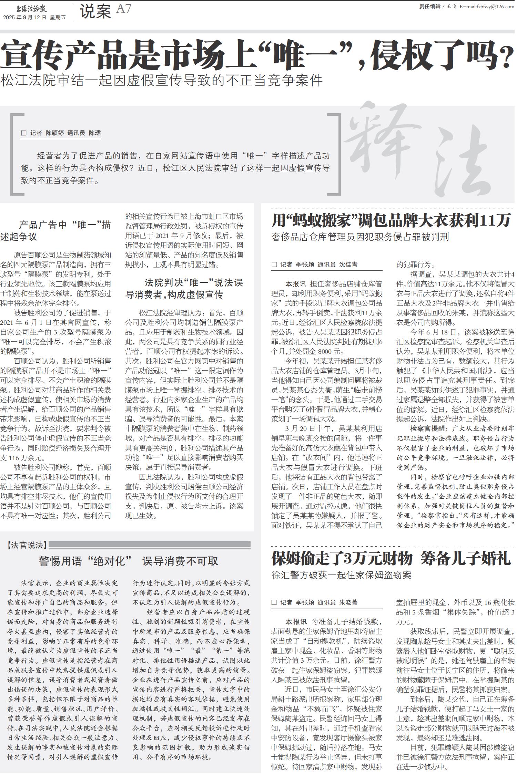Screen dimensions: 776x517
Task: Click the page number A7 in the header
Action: (x=123, y=9)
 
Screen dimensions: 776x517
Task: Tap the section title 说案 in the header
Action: (x=95, y=11)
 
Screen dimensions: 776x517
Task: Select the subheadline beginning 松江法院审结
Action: (x=161, y=80)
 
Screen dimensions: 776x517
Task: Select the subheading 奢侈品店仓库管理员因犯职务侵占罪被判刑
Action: (x=360, y=237)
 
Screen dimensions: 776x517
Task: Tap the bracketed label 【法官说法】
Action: (x=27, y=545)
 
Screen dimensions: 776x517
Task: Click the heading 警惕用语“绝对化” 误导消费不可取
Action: (x=128, y=561)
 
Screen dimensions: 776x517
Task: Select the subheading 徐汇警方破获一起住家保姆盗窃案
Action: (x=341, y=575)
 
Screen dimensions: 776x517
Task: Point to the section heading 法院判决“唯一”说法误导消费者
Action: (x=184, y=289)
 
